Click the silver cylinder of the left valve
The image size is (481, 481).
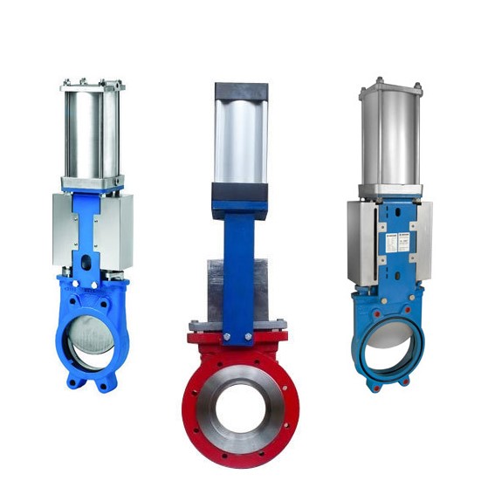92,131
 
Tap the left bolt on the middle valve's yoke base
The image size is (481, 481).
226,335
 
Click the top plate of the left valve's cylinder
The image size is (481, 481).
92,86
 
